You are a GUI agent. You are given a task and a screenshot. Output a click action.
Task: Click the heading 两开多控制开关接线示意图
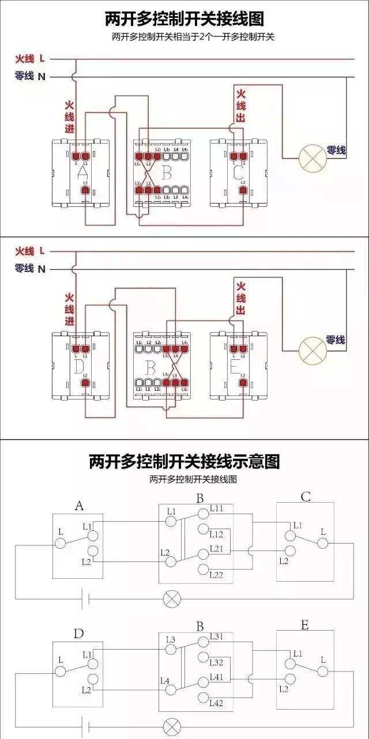[x=184, y=462]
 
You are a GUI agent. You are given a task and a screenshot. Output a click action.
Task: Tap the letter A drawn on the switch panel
[x=82, y=172]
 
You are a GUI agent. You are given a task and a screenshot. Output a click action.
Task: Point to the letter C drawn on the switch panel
[x=238, y=172]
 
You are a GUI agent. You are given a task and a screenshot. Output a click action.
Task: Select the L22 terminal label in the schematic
[x=217, y=575]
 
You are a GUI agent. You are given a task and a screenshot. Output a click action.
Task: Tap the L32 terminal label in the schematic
[x=217, y=663]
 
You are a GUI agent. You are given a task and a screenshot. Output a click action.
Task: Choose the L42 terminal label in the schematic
[x=217, y=703]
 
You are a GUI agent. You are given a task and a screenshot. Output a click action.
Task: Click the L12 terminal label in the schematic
[x=217, y=534]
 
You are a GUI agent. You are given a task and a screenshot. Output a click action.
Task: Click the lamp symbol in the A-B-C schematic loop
[x=172, y=598]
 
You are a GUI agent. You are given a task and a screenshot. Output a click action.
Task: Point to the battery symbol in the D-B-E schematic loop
[x=85, y=726]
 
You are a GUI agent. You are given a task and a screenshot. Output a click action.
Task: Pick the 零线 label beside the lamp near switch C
[x=336, y=150]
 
